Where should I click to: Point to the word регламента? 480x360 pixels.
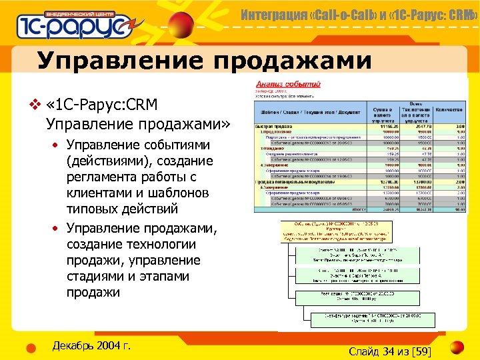point(103,177)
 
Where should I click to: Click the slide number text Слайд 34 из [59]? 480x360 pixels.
point(390,351)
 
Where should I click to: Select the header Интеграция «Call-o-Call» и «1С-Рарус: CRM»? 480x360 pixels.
point(358,13)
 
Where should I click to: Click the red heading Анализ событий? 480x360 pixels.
point(289,85)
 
